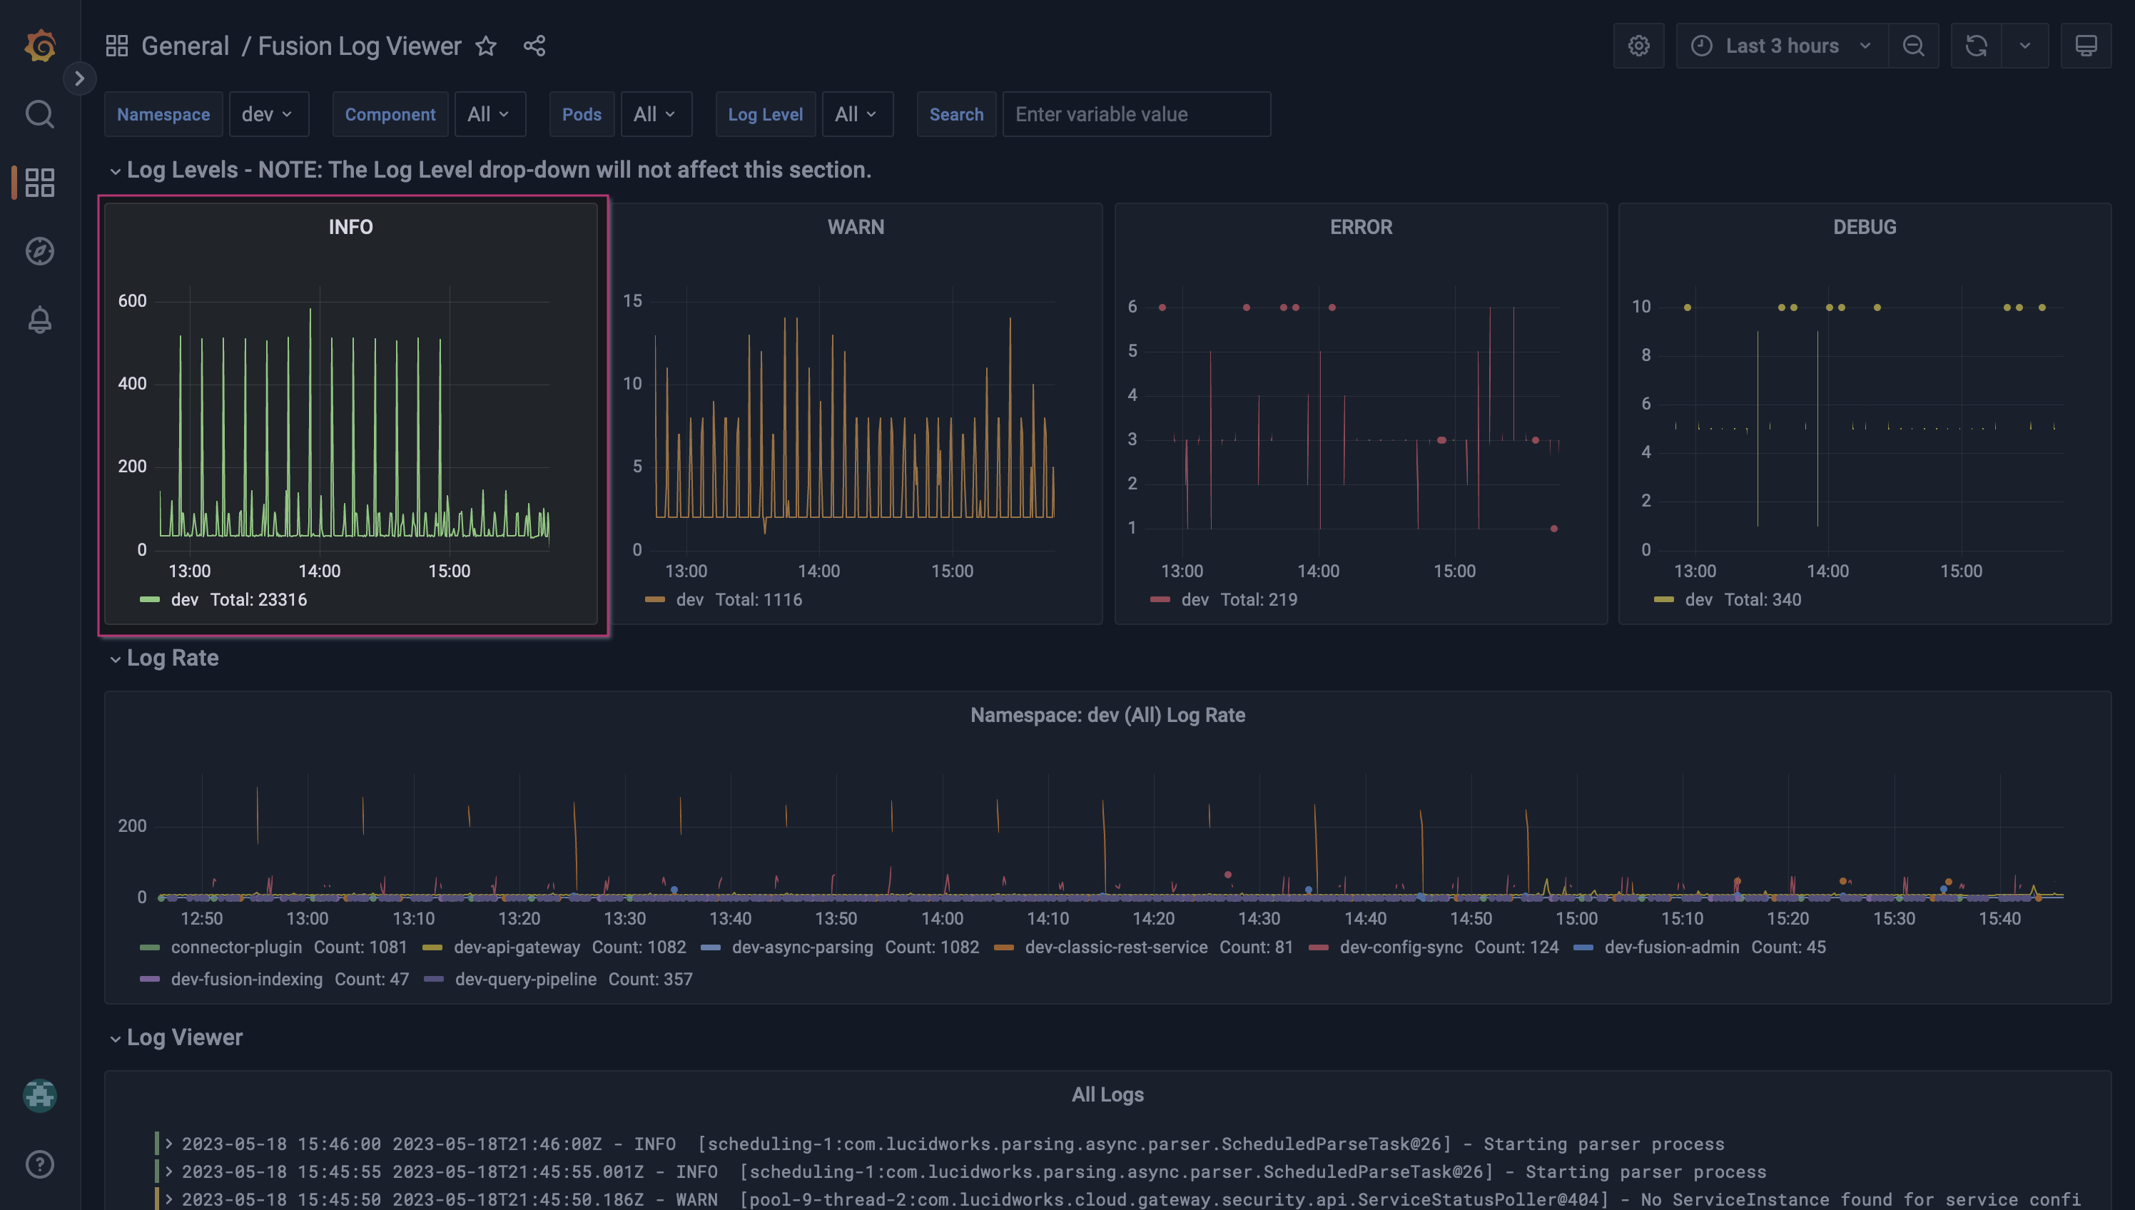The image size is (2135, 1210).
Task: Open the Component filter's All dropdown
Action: (488, 114)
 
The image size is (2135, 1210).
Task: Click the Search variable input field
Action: (1135, 114)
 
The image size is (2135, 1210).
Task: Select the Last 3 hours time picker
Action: (1781, 46)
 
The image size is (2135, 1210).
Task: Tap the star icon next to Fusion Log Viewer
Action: (486, 46)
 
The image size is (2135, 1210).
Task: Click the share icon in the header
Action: (534, 46)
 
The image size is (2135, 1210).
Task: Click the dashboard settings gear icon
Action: (1638, 46)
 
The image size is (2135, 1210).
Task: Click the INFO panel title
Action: (350, 227)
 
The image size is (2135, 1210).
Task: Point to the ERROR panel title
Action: (1361, 227)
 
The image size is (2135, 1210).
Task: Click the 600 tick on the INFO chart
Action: (132, 301)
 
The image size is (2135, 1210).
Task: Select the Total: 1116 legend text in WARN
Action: (758, 600)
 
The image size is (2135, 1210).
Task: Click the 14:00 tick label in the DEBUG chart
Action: (1827, 571)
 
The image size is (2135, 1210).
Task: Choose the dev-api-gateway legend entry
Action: (516, 947)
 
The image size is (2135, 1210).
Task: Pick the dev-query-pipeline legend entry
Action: (525, 979)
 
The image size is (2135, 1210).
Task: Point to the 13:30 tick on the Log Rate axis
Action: (624, 918)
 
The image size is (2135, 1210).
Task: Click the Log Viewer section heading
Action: (185, 1037)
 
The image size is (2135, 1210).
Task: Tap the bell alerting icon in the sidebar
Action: (40, 320)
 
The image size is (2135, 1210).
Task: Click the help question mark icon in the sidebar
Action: (40, 1164)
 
